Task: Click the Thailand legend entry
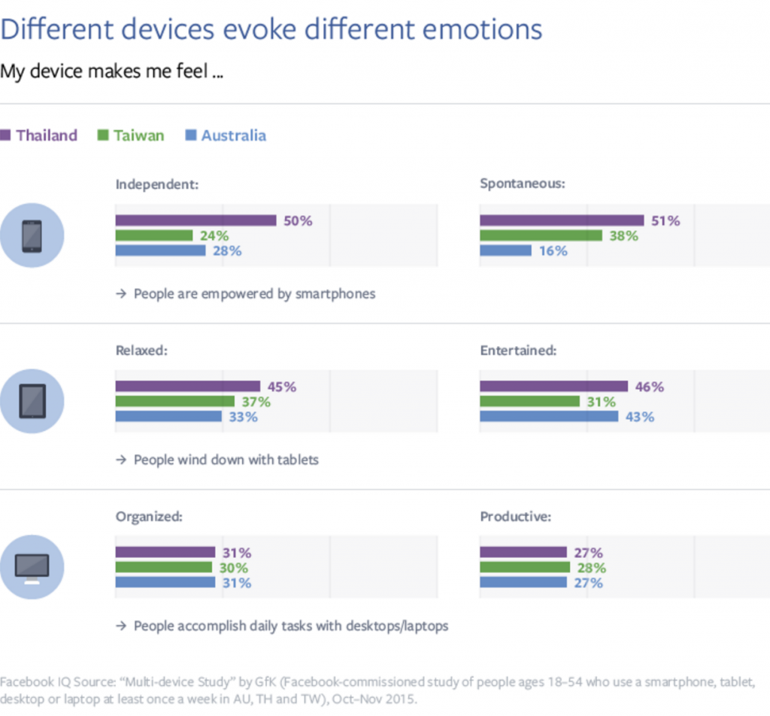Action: pyautogui.click(x=39, y=135)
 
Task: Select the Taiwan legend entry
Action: pyautogui.click(x=131, y=135)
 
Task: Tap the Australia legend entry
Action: pyautogui.click(x=226, y=135)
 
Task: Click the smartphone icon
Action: pyautogui.click(x=32, y=235)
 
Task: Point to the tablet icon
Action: pyautogui.click(x=32, y=401)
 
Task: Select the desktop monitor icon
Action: pyautogui.click(x=32, y=567)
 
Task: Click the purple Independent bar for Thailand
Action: pyautogui.click(x=196, y=220)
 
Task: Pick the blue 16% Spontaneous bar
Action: pyautogui.click(x=506, y=250)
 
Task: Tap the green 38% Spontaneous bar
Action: pyautogui.click(x=541, y=235)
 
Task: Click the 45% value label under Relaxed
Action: pyautogui.click(x=282, y=387)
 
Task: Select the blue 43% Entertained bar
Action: pyautogui.click(x=549, y=417)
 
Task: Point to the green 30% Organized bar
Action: pyautogui.click(x=164, y=568)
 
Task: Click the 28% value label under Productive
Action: pyautogui.click(x=592, y=568)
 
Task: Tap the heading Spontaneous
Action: pyautogui.click(x=523, y=184)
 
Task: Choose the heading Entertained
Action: pyautogui.click(x=518, y=350)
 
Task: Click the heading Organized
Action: pyautogui.click(x=149, y=517)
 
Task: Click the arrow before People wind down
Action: pyautogui.click(x=121, y=460)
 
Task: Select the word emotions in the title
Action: pyautogui.click(x=482, y=29)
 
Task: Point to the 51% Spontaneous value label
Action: pyautogui.click(x=665, y=221)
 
